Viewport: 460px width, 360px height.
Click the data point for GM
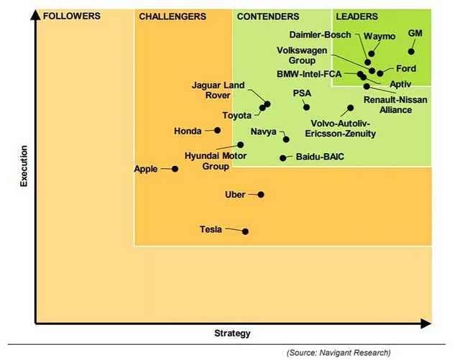pyautogui.click(x=411, y=51)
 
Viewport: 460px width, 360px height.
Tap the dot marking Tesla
pyautogui.click(x=246, y=231)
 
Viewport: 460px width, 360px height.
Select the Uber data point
pyautogui.click(x=261, y=194)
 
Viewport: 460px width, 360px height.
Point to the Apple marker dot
pyautogui.click(x=175, y=169)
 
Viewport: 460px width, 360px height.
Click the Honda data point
pyautogui.click(x=217, y=130)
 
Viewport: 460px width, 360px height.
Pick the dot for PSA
pyautogui.click(x=307, y=107)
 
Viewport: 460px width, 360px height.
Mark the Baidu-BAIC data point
pyautogui.click(x=283, y=157)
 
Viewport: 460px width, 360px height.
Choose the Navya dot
pyautogui.click(x=286, y=139)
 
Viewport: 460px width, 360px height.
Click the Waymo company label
pyautogui.click(x=378, y=35)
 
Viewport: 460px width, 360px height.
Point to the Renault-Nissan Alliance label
pyautogui.click(x=388, y=104)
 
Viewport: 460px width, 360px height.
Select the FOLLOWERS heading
pyautogui.click(x=72, y=16)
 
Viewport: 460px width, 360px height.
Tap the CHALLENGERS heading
pyautogui.click(x=172, y=16)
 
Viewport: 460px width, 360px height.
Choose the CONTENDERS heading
pyautogui.click(x=267, y=16)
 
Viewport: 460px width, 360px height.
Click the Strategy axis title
pyautogui.click(x=233, y=333)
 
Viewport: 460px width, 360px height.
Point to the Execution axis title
pyautogui.click(x=24, y=167)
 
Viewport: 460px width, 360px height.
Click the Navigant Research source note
pyautogui.click(x=338, y=352)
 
